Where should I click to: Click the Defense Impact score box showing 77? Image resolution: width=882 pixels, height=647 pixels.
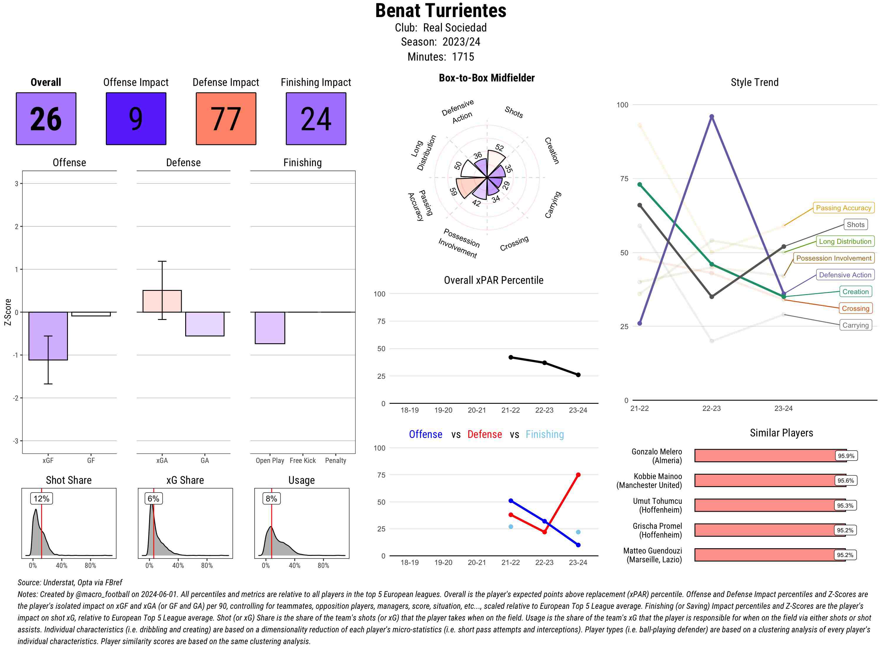[x=226, y=119]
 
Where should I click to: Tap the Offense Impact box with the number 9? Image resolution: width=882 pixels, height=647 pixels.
[x=136, y=119]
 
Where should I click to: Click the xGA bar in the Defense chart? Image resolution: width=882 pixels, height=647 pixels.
[x=162, y=301]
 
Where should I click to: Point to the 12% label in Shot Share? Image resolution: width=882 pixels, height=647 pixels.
[x=41, y=498]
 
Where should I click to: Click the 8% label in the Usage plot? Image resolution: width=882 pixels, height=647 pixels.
[x=271, y=498]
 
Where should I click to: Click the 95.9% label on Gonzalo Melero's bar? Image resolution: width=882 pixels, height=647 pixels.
[x=846, y=456]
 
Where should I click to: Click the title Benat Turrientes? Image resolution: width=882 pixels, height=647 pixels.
[x=440, y=11]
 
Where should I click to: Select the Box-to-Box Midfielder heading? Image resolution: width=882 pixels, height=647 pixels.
[x=487, y=78]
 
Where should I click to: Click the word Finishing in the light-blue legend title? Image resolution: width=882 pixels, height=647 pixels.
[x=544, y=434]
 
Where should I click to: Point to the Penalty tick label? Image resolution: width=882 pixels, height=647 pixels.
[x=335, y=461]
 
